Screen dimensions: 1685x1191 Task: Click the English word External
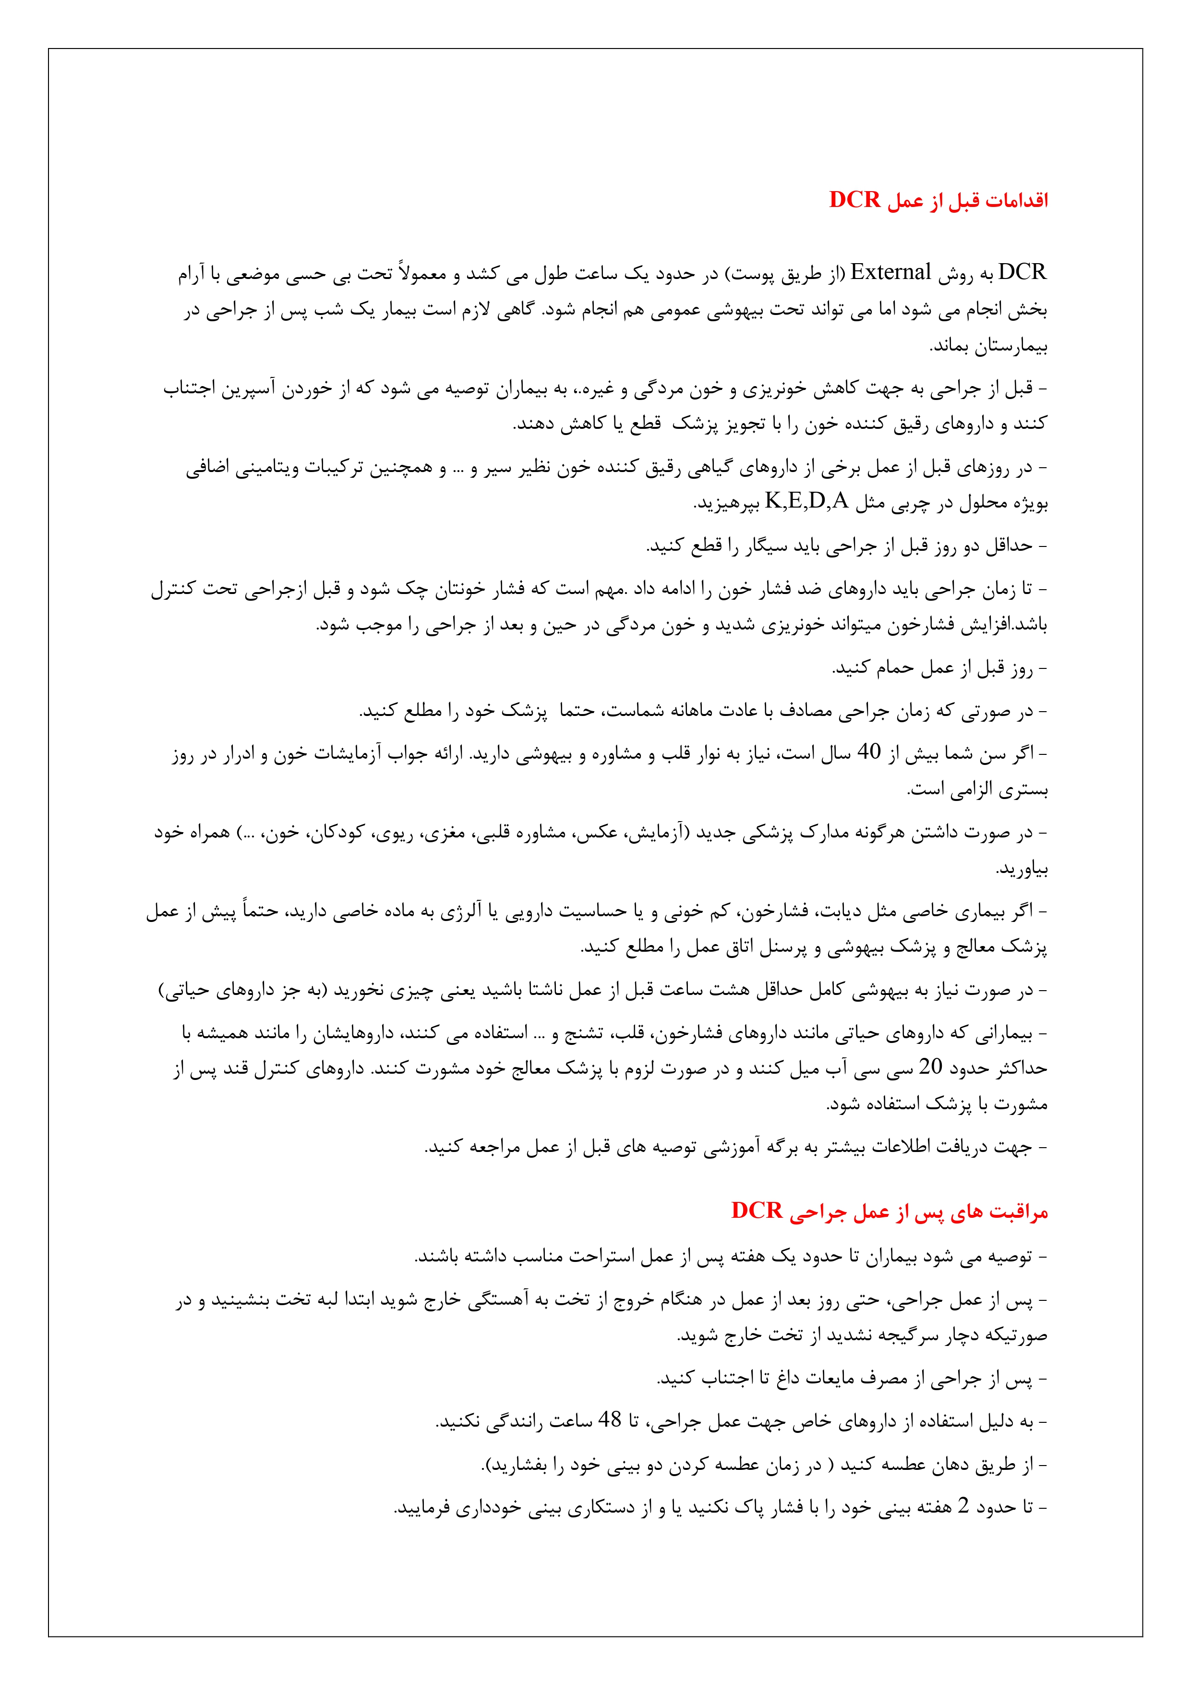pyautogui.click(x=890, y=273)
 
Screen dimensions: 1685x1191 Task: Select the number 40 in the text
pyautogui.click(x=869, y=752)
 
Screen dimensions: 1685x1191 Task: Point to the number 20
pyautogui.click(x=930, y=1067)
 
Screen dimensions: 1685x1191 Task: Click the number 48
pyautogui.click(x=609, y=1420)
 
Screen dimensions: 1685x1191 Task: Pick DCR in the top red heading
pyautogui.click(x=854, y=200)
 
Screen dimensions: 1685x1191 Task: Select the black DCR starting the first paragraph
pyautogui.click(x=1022, y=273)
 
